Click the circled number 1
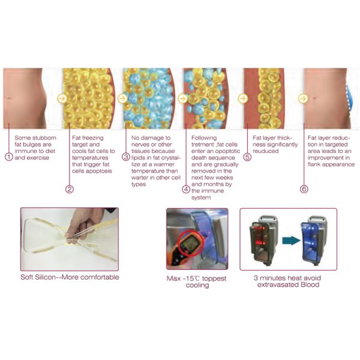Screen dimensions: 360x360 point(9,157)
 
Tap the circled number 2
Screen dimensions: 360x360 point(70,189)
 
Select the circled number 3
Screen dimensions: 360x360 point(126,157)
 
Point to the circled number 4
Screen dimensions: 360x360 point(186,189)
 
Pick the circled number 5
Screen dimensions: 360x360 point(247,157)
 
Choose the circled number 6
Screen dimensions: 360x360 point(304,189)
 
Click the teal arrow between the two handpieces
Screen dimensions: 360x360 point(291,241)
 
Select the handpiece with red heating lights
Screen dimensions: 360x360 point(263,239)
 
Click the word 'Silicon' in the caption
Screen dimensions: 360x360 point(46,277)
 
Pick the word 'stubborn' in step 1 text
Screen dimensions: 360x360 point(45,138)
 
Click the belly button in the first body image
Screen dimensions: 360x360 point(9,98)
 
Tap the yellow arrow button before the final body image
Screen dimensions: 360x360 point(303,98)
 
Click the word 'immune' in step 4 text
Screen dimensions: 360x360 point(212,191)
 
